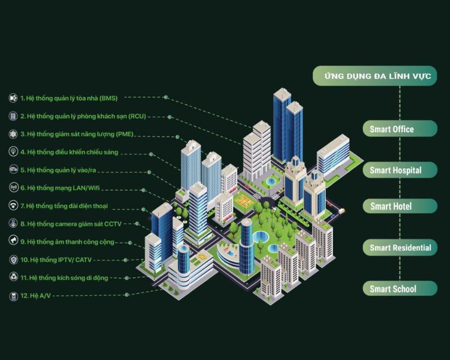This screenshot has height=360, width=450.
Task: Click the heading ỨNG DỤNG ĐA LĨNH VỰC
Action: [x=375, y=76]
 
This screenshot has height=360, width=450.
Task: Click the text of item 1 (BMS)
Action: [x=69, y=98]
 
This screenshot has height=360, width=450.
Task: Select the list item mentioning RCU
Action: [x=83, y=116]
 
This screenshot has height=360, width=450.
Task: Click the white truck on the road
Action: [x=341, y=211]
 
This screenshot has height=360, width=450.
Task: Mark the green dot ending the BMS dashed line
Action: [x=166, y=98]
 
